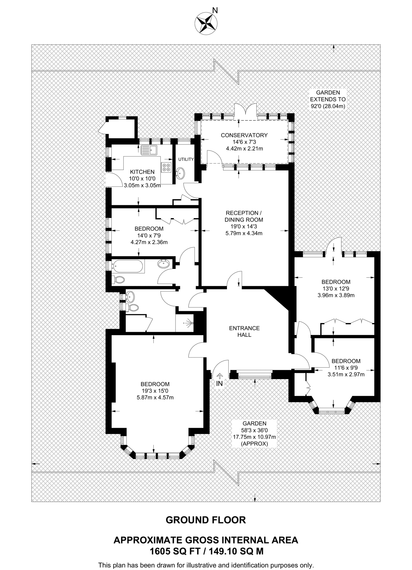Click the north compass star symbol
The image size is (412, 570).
pyautogui.click(x=206, y=24)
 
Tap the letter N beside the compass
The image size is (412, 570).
pyautogui.click(x=215, y=11)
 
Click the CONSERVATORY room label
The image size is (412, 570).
pyautogui.click(x=244, y=135)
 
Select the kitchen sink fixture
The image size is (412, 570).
pyautogui.click(x=149, y=150)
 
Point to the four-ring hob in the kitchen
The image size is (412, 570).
pyautogui.click(x=167, y=167)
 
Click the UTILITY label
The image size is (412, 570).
pyautogui.click(x=186, y=159)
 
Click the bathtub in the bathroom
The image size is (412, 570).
pyautogui.click(x=128, y=266)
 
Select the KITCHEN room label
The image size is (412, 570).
pyautogui.click(x=142, y=172)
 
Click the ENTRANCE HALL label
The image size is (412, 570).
pyautogui.click(x=244, y=331)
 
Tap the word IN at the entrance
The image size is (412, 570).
pyautogui.click(x=220, y=384)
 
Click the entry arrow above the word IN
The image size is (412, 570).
pyautogui.click(x=220, y=376)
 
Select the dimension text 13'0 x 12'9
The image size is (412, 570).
pyautogui.click(x=336, y=289)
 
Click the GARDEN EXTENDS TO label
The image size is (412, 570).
pyautogui.click(x=328, y=96)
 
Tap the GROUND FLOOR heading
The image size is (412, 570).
pyautogui.click(x=206, y=520)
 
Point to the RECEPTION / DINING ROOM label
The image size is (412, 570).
pyautogui.click(x=244, y=216)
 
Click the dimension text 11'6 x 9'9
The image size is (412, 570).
pyautogui.click(x=346, y=368)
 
